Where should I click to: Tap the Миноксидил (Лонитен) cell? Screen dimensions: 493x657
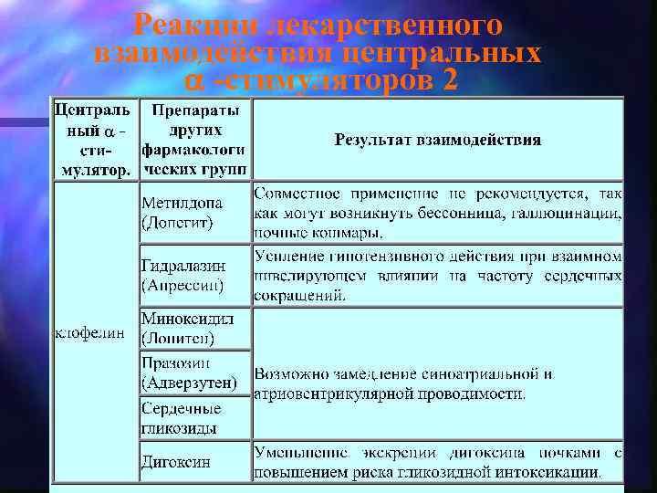tap(194, 329)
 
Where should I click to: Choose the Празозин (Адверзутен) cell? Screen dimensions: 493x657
tap(194, 372)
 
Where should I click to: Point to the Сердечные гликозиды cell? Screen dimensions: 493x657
tap(194, 418)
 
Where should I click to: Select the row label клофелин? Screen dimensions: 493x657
tap(90, 331)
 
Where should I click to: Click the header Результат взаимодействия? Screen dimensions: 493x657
tap(437, 140)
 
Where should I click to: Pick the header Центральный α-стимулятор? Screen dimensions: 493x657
tap(94, 140)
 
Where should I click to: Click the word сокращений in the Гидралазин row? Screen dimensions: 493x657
tap(299, 294)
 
